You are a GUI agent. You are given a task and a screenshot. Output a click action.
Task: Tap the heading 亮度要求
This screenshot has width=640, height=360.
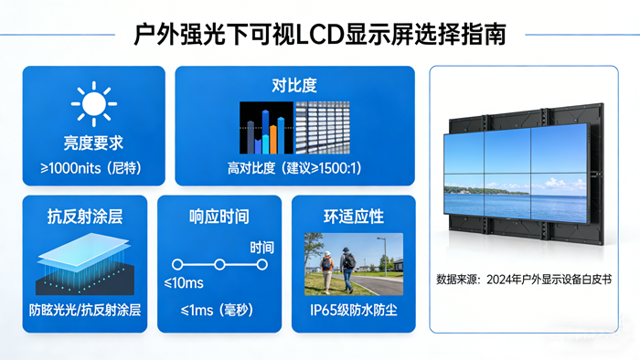[x=93, y=143]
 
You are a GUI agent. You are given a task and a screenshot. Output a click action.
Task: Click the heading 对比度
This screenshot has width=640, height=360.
[x=294, y=85]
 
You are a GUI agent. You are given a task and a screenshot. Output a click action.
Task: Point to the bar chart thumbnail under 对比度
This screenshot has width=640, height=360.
[x=264, y=127]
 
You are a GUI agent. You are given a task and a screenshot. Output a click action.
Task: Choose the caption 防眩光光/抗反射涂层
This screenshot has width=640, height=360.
[x=85, y=310]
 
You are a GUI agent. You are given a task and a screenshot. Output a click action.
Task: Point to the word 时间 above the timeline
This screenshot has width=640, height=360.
[x=262, y=247]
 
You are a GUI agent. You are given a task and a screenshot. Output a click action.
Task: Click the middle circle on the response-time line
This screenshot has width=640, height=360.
[x=219, y=265]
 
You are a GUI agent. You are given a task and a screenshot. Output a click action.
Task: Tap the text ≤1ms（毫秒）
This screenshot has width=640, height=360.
[x=219, y=310]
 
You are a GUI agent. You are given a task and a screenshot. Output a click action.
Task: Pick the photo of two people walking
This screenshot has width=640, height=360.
[x=353, y=264]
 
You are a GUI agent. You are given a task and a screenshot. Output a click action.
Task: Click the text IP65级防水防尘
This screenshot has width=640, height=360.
[x=353, y=310]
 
